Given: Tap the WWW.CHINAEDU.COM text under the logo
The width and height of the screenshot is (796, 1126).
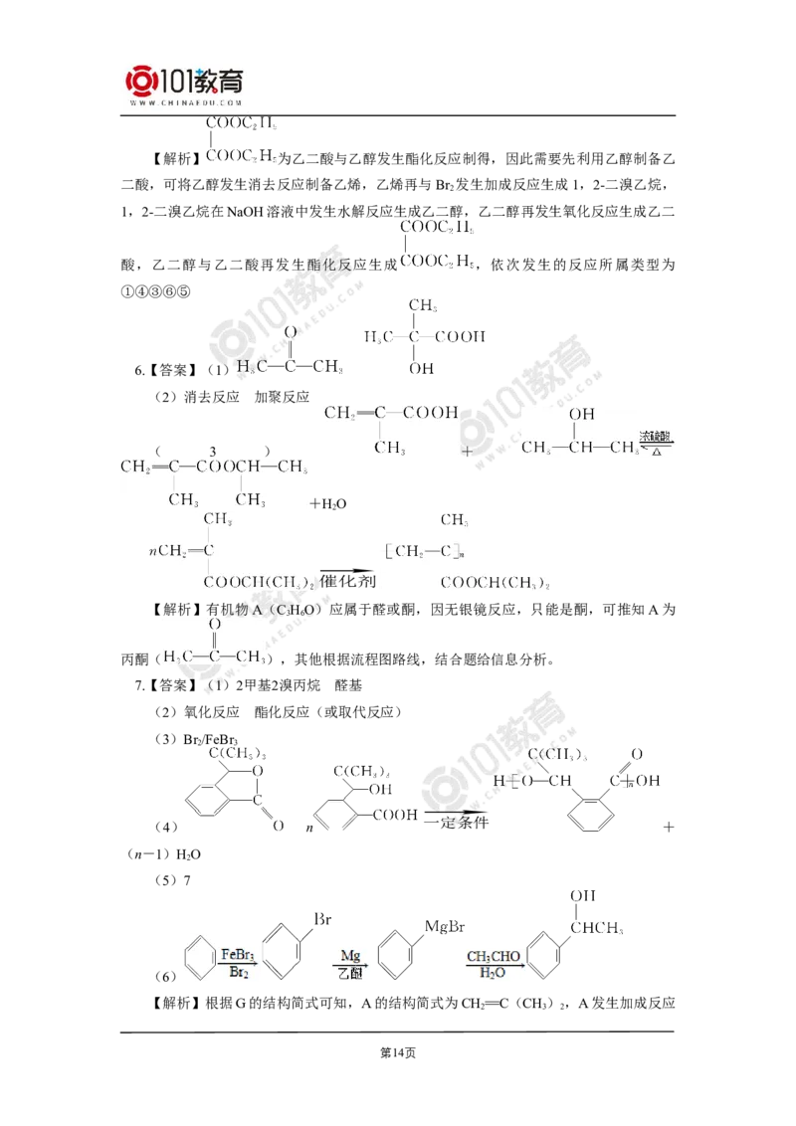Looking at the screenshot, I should pyautogui.click(x=184, y=102).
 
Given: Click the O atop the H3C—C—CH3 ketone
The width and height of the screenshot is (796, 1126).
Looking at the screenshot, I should pyautogui.click(x=215, y=625).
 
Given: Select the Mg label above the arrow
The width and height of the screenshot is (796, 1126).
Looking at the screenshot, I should pyautogui.click(x=348, y=956).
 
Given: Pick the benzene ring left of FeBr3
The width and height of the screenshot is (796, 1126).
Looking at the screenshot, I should pyautogui.click(x=199, y=959).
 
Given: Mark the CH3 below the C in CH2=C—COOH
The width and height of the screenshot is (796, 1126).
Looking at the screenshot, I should pyautogui.click(x=389, y=449).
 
